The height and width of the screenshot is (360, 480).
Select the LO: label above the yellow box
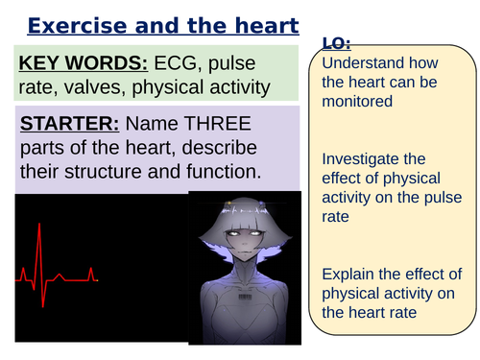click(336, 42)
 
